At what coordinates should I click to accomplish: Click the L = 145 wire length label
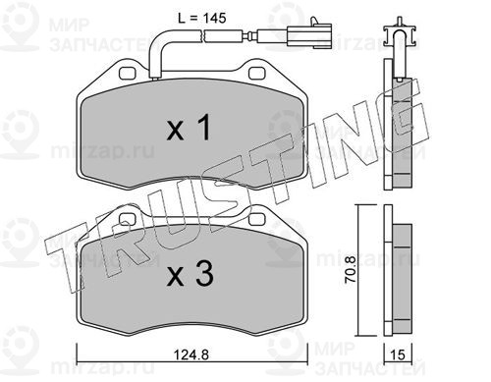coord(202,18)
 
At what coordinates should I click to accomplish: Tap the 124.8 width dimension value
coord(191,355)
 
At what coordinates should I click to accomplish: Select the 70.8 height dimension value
coord(350,269)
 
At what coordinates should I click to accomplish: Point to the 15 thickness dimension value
coord(398,355)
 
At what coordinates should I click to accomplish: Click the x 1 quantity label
coord(189,128)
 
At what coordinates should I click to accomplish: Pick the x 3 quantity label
coord(190,273)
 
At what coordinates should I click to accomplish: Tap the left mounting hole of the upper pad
coord(128,74)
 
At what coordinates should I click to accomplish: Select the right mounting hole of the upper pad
coord(257,74)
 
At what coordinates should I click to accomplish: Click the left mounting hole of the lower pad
coord(128,219)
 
